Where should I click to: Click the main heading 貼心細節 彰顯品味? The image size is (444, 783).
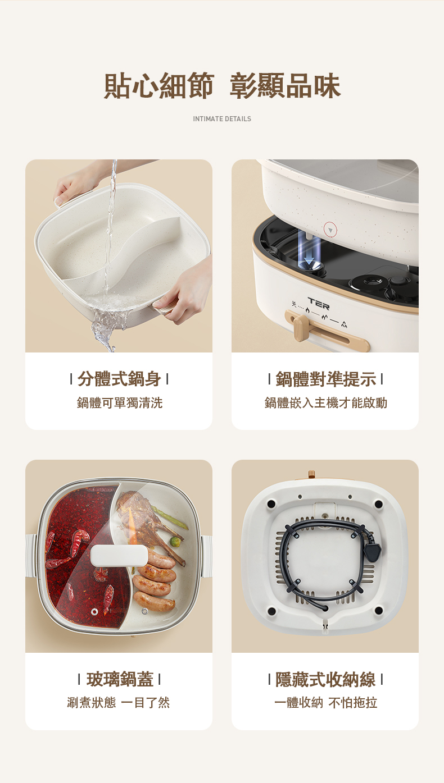pos(222,86)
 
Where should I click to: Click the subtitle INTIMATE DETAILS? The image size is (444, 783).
pos(222,119)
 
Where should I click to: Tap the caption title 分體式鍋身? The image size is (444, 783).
pos(119,379)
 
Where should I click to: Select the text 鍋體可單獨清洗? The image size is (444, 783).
pos(120,402)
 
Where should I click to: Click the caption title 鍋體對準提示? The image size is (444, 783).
pos(326,379)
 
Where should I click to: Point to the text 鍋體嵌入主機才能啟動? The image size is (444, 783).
pos(326,402)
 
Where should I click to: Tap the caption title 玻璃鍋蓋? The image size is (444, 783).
pos(120,680)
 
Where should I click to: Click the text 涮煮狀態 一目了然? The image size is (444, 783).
pos(118,702)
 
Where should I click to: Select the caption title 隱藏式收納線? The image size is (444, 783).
pos(325,680)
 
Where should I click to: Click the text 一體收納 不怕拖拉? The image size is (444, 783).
pos(326,702)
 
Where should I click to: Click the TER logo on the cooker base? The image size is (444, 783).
pos(319,304)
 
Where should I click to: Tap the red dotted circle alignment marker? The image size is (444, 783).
pos(330,230)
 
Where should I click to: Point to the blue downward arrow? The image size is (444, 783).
pos(309,253)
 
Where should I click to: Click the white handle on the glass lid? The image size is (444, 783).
pos(119,555)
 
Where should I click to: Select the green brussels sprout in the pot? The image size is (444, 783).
pos(175,542)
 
